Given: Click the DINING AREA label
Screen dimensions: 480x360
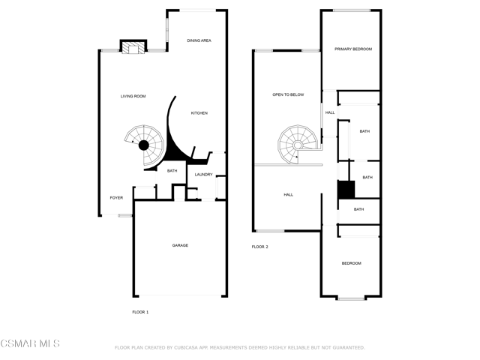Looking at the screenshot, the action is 199,40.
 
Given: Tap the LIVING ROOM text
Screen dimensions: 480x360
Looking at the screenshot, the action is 133,96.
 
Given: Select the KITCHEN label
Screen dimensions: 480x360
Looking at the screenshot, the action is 199,113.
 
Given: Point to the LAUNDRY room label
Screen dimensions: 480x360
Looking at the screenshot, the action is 203,175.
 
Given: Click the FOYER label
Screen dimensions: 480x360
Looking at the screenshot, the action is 116,198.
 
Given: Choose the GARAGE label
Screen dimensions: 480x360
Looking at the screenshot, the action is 180,245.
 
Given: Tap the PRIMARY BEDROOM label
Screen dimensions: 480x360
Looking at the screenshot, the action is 353,49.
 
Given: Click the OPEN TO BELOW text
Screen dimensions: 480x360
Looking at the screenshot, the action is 288,94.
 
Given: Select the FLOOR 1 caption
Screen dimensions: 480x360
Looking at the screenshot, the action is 140,312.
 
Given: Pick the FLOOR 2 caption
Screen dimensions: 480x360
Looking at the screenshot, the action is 260,247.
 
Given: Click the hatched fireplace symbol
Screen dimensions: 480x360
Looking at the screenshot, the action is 133,47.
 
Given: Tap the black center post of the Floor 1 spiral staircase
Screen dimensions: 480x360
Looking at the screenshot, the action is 143,145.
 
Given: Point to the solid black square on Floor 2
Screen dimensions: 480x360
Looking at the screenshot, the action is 346,190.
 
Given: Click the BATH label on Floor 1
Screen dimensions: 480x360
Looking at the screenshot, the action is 172,171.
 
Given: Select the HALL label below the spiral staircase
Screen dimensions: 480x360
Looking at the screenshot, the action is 288,195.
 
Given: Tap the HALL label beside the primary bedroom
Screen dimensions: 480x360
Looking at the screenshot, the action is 330,112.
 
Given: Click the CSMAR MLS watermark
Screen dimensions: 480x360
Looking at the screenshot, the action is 30,343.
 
